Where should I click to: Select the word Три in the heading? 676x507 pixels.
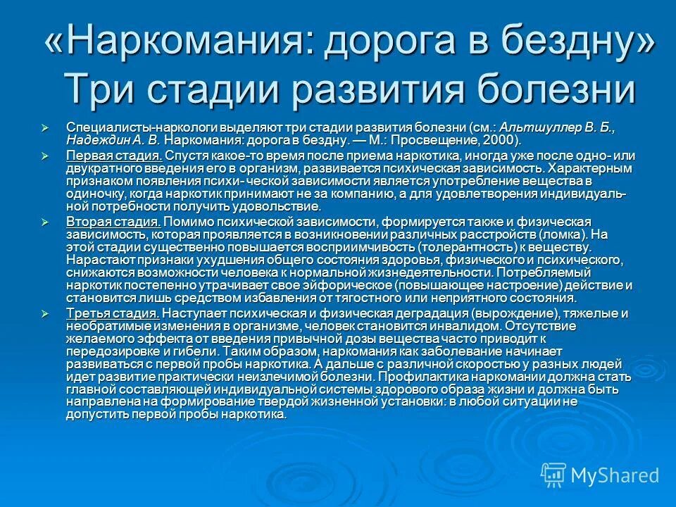tap(99, 91)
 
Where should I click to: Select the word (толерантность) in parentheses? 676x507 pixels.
tap(468, 247)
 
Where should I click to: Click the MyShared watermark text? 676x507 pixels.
tap(615, 475)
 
